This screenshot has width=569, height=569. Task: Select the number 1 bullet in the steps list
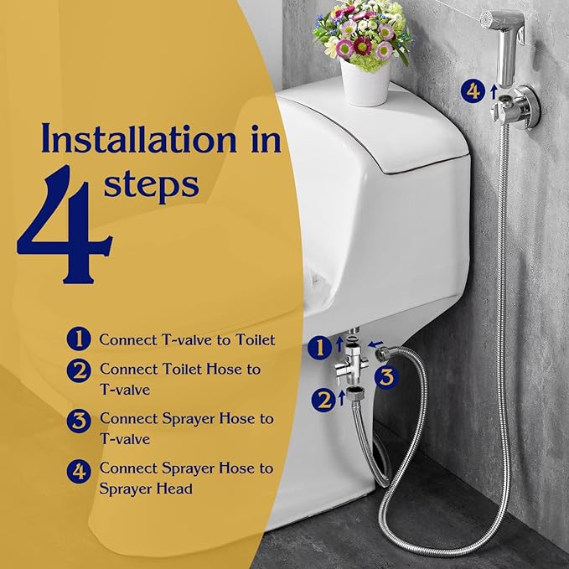pos(79,339)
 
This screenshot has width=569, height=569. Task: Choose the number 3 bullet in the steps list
pos(79,420)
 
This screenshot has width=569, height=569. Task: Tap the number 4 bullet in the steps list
pos(79,470)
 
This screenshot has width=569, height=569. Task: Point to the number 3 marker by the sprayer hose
pos(384,376)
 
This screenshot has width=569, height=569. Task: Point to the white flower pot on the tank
pos(365,84)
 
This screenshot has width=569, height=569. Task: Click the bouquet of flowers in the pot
pos(361,34)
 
